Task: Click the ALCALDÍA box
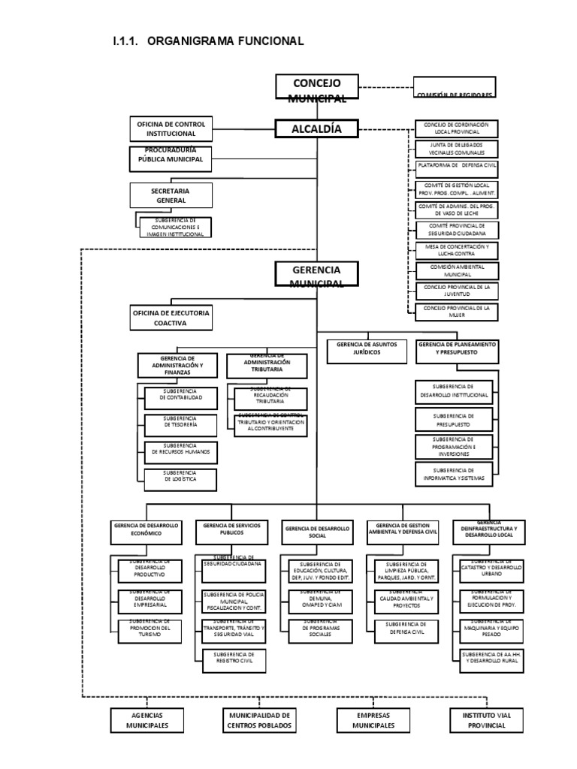(316, 130)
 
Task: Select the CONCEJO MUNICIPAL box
(316, 88)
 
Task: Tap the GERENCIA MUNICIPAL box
(316, 276)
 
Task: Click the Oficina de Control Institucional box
(171, 128)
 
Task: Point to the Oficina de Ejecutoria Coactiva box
(171, 318)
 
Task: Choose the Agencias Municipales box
(148, 721)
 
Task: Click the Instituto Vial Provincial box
(486, 721)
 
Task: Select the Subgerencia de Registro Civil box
(234, 659)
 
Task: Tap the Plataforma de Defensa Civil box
(457, 167)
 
